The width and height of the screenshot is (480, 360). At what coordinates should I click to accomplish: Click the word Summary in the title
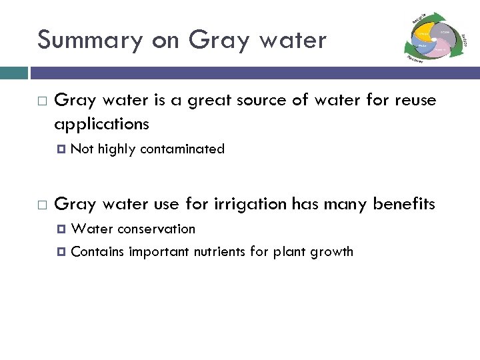[x=90, y=41]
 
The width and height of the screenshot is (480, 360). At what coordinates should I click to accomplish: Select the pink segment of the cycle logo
[x=441, y=47]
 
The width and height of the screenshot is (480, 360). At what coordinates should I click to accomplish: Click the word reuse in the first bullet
[x=414, y=101]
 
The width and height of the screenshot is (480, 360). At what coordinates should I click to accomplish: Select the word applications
[x=101, y=124]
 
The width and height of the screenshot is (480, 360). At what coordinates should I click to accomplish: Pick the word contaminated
[x=182, y=149]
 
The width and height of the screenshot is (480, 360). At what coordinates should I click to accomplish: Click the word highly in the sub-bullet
[x=116, y=149]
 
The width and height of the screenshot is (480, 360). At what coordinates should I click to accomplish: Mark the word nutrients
[x=220, y=252]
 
